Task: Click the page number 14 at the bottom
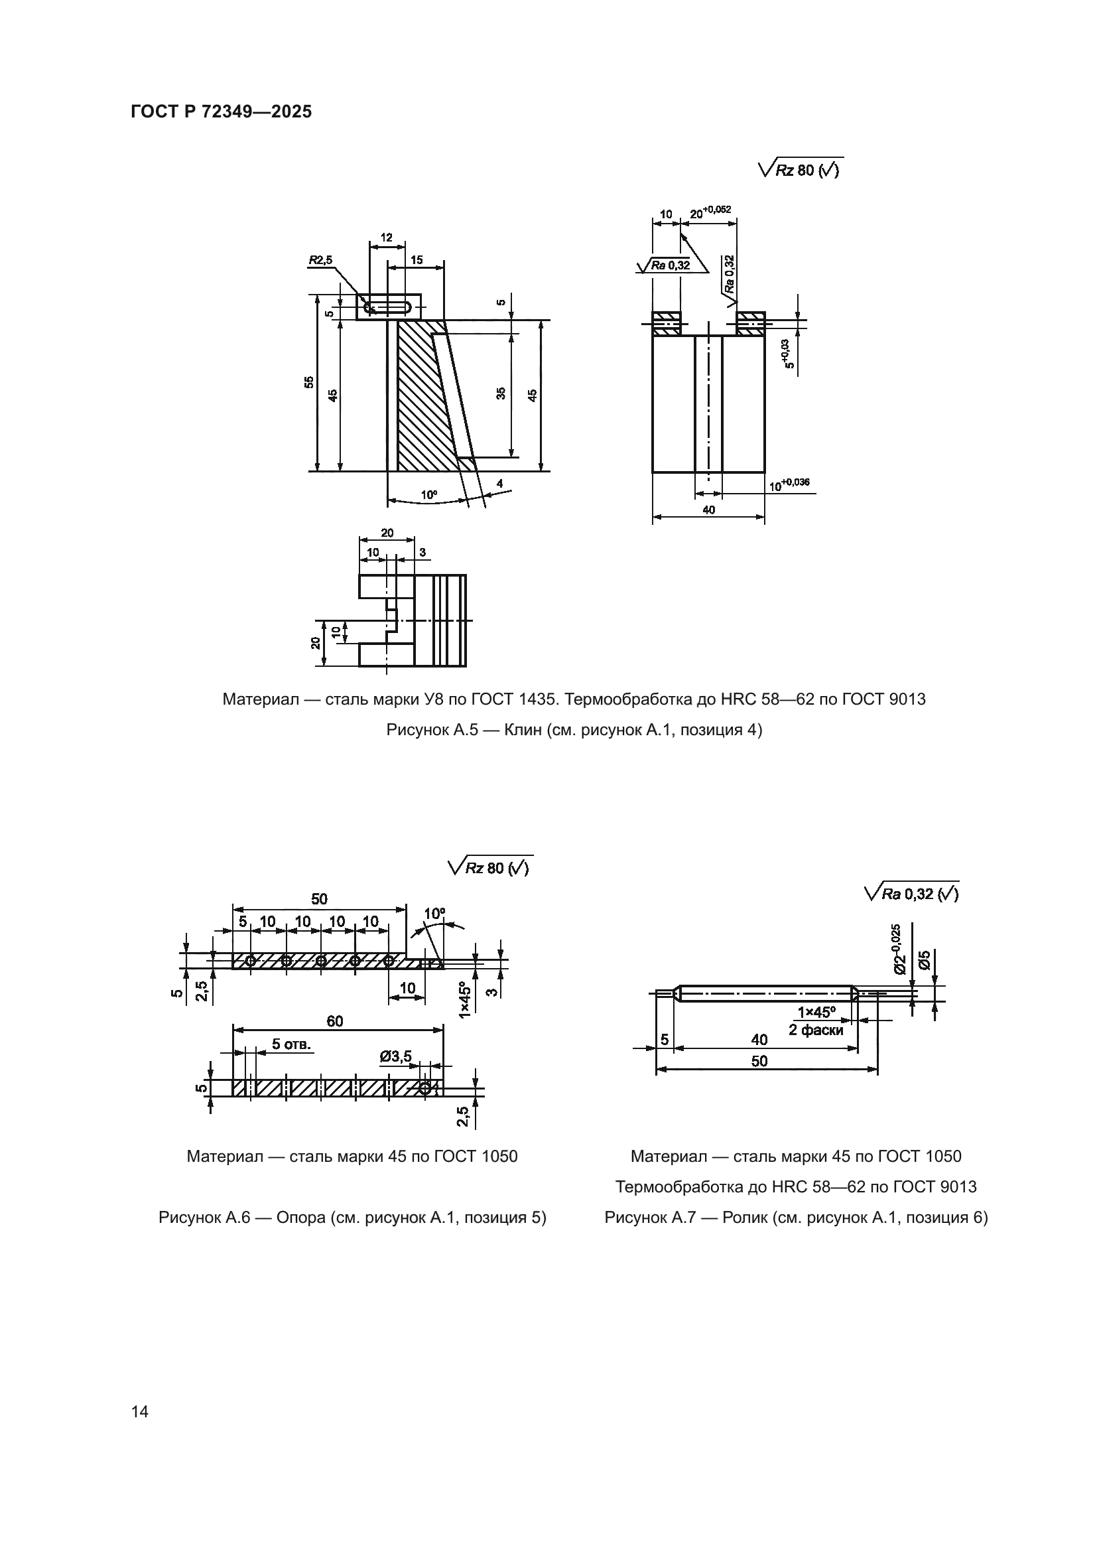tap(140, 1411)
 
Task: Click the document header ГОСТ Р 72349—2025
tap(221, 112)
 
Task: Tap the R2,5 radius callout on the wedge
tap(321, 259)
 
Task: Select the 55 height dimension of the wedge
tap(308, 382)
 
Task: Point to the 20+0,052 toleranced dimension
tap(710, 212)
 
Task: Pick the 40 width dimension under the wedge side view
tap(708, 510)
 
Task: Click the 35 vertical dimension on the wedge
tap(501, 393)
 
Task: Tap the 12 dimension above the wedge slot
tap(387, 238)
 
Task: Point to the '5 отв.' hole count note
tap(292, 1044)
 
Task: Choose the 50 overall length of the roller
tap(759, 1061)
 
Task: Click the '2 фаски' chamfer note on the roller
tap(816, 1030)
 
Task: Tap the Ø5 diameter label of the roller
tap(925, 959)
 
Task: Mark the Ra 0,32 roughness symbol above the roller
tap(912, 894)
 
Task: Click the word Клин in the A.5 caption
tap(522, 730)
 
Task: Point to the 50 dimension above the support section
tap(319, 899)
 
